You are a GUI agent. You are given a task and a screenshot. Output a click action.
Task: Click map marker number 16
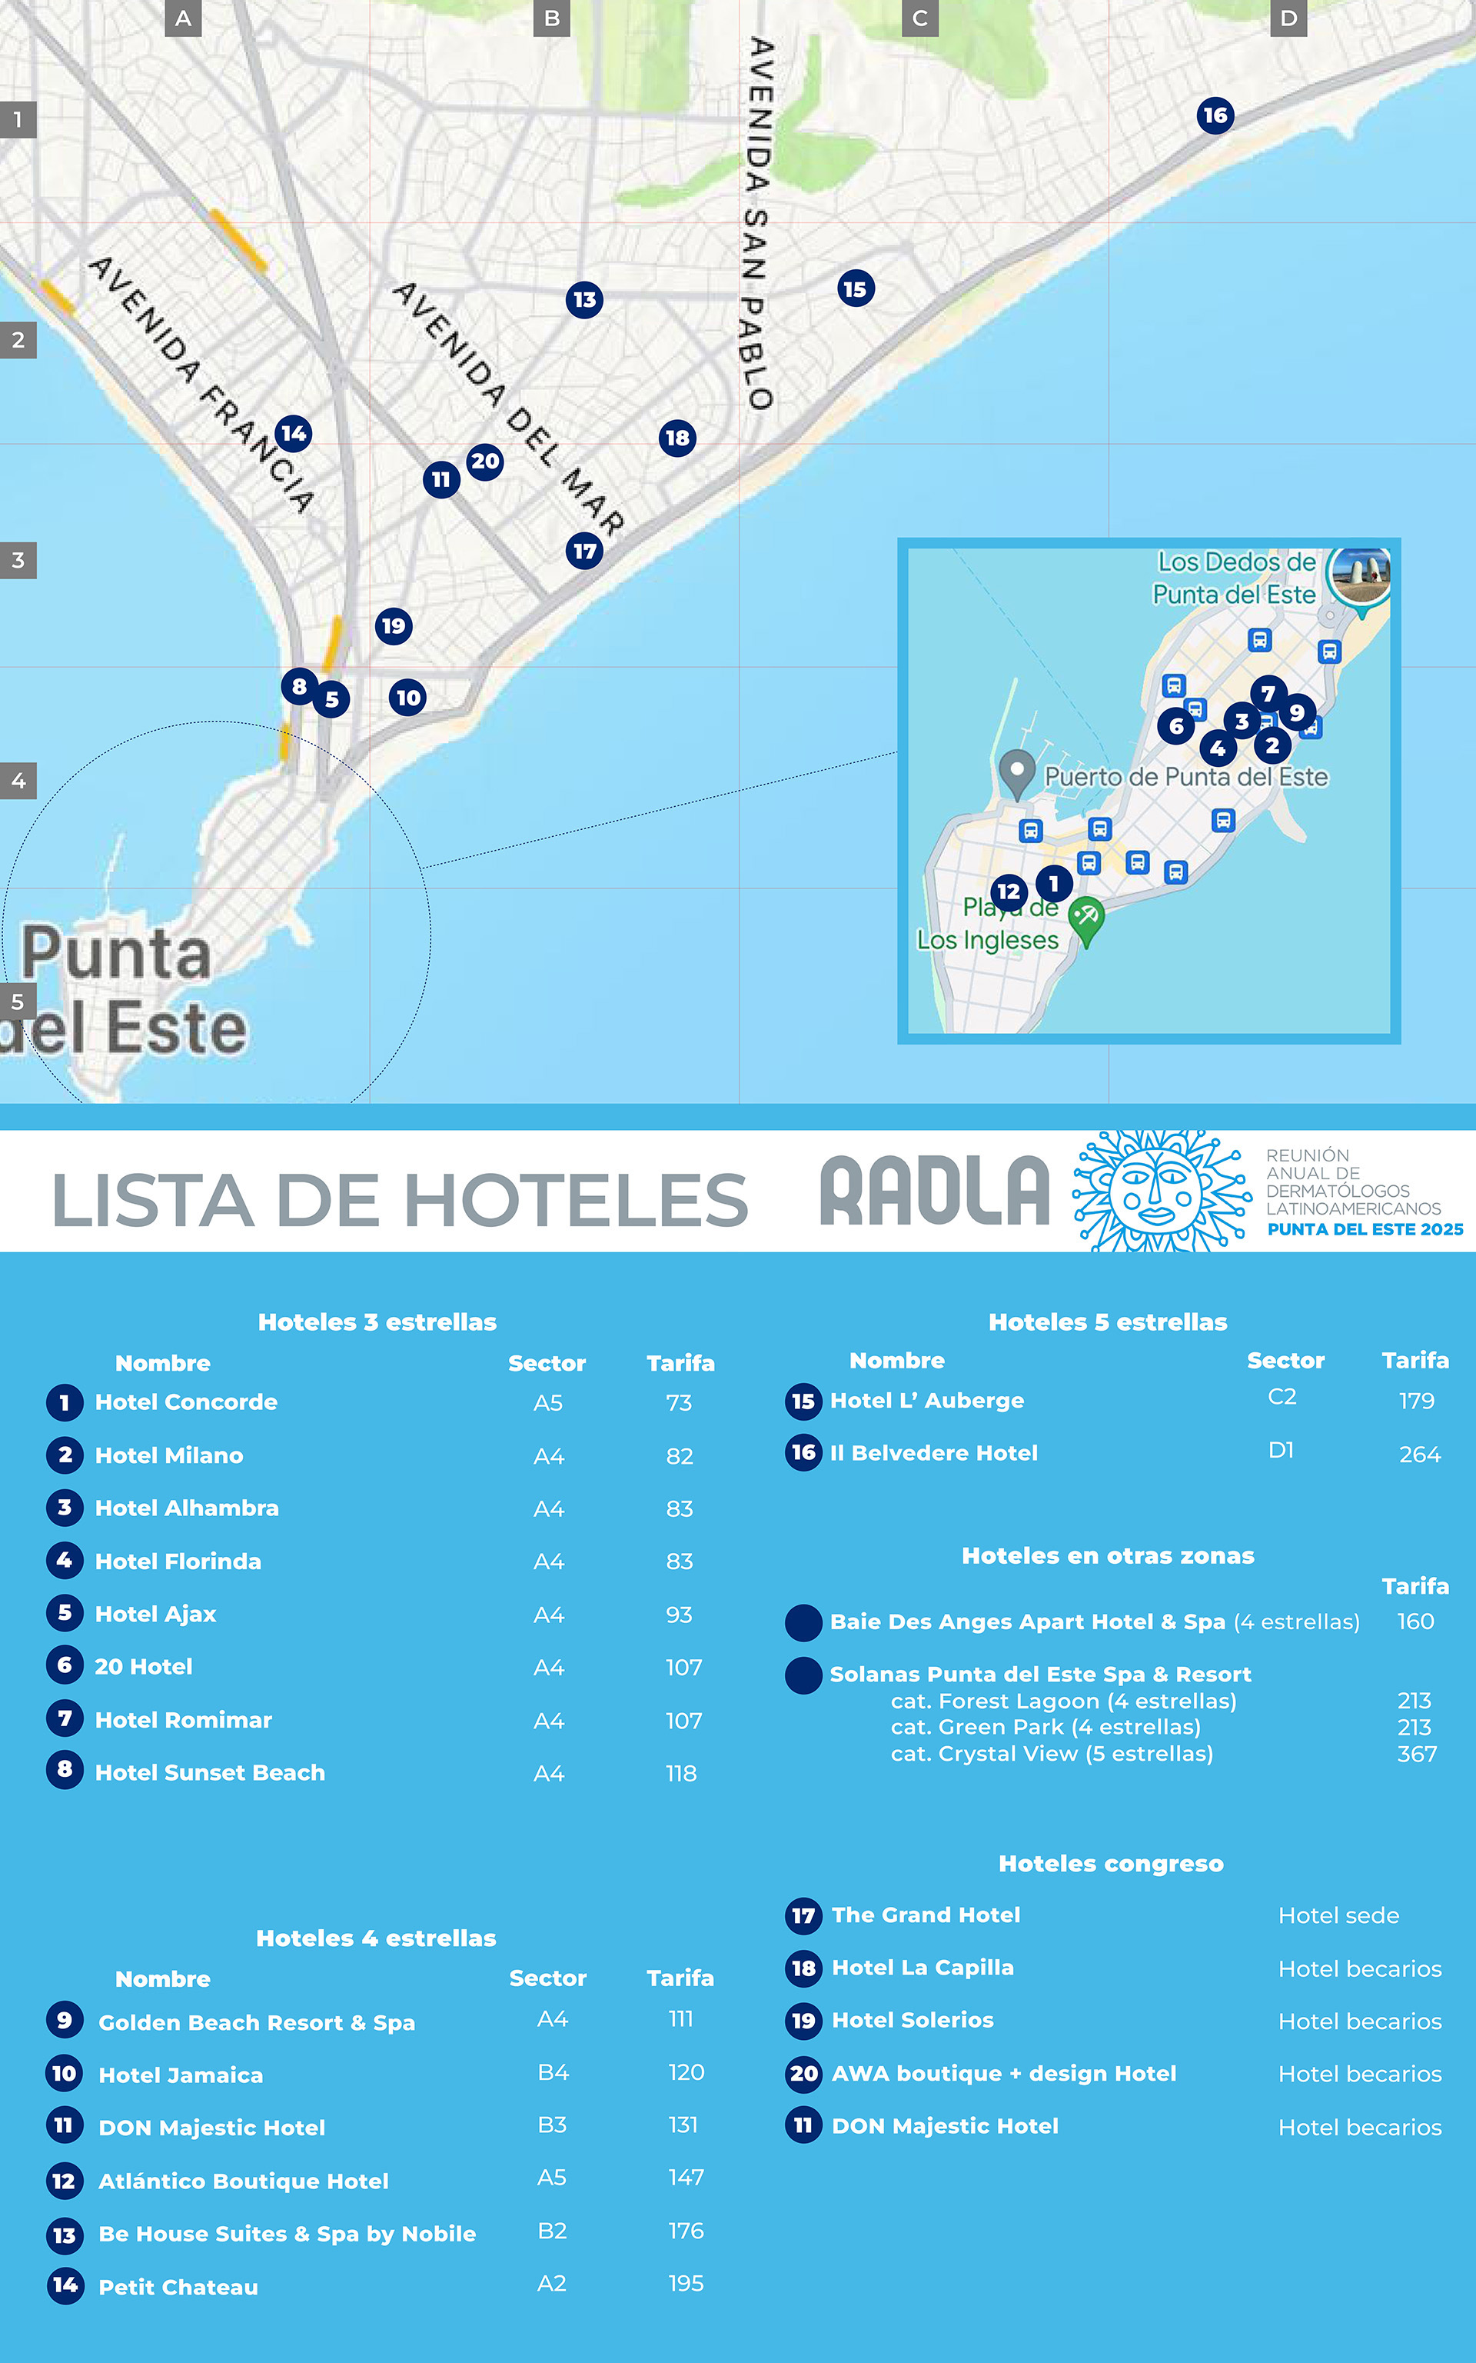click(1215, 116)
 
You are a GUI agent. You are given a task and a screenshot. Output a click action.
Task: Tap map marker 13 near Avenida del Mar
click(583, 300)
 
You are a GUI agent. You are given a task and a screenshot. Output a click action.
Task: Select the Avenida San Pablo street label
click(760, 222)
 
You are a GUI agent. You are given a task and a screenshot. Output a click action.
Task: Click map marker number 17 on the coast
click(583, 551)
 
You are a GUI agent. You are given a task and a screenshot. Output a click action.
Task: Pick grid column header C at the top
click(919, 18)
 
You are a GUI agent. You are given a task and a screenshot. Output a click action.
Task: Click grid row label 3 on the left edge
click(18, 561)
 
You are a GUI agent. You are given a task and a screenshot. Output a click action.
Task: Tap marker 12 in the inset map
click(1009, 892)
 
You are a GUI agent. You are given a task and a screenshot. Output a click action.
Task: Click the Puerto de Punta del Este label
click(1185, 777)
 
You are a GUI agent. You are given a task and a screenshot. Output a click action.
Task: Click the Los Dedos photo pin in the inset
click(1361, 576)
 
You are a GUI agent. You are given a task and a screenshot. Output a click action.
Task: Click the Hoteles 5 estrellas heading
click(1107, 1322)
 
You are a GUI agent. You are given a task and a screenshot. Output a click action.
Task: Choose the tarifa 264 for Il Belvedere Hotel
click(1419, 1455)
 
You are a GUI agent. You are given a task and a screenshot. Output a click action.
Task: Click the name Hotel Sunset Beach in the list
click(210, 1772)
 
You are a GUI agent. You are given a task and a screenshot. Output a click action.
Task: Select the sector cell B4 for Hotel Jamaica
click(553, 2072)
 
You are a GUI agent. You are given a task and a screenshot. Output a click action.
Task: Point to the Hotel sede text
click(1338, 1916)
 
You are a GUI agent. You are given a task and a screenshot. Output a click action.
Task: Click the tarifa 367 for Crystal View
click(1417, 1754)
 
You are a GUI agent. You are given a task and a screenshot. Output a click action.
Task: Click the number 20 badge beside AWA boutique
click(803, 2074)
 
